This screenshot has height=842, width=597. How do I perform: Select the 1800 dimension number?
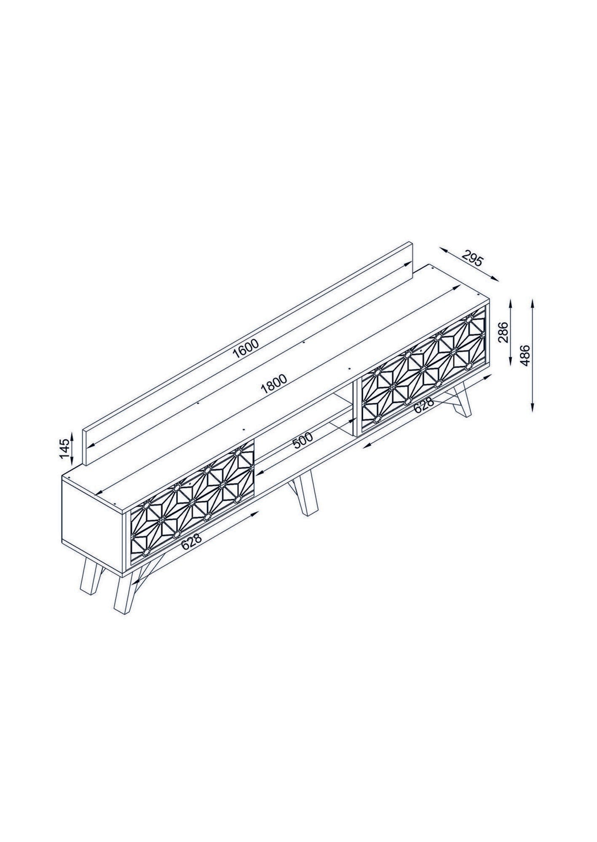273,384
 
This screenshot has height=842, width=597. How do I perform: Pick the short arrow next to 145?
72,448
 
